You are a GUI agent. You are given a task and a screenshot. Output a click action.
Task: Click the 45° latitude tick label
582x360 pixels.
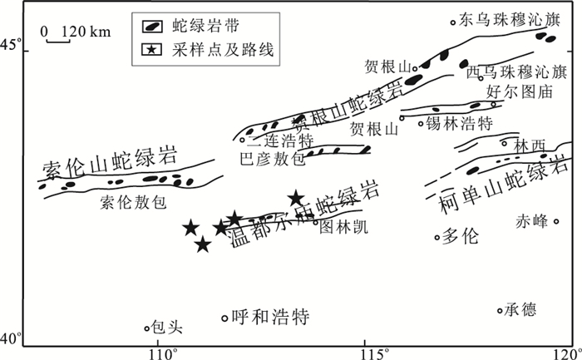coord(15,43)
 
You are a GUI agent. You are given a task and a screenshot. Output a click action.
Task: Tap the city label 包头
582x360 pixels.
coord(166,328)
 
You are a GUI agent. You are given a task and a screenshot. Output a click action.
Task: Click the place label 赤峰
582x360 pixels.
coord(532,221)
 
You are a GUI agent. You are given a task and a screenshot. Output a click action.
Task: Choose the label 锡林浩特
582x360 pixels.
coord(459,123)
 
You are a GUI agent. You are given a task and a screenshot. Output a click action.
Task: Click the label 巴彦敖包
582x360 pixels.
coord(272,156)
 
